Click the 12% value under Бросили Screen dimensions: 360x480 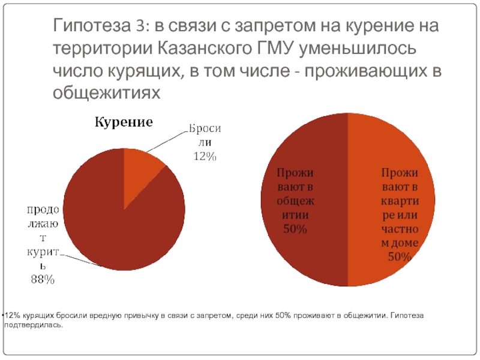[x=204, y=157]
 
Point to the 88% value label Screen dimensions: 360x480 [x=42, y=278]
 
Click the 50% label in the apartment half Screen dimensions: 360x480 [x=398, y=257]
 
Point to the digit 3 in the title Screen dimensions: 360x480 [x=139, y=27]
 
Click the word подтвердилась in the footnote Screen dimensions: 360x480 [x=33, y=325]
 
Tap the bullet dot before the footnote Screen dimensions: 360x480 [x=2, y=315]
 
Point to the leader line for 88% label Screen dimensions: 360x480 [x=78, y=260]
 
